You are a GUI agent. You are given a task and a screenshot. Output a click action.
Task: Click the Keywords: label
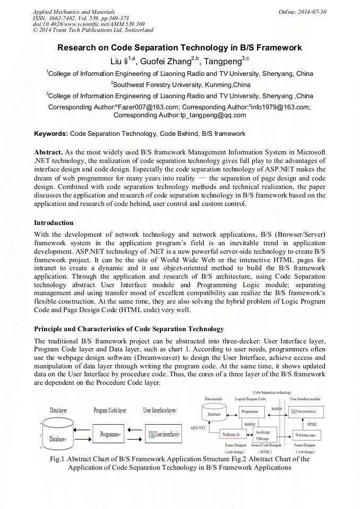pos(51,134)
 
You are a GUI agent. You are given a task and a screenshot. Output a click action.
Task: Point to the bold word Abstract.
pos(49,152)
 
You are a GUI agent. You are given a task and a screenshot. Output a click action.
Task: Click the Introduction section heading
pos(54,222)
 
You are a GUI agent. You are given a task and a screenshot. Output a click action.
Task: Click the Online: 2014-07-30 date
pos(303,11)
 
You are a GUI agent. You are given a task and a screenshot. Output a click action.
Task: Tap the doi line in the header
pos(89,24)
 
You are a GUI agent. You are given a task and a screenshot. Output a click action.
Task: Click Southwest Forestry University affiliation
pos(181,85)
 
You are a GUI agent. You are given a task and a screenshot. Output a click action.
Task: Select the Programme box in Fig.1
pos(109,434)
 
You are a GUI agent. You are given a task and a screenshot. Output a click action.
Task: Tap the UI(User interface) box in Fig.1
pos(162,434)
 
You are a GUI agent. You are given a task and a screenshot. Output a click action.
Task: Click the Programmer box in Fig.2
pos(249,411)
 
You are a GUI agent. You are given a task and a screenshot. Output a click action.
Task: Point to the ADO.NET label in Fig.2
pos(198,427)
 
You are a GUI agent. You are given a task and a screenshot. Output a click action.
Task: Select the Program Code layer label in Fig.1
pos(110,410)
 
